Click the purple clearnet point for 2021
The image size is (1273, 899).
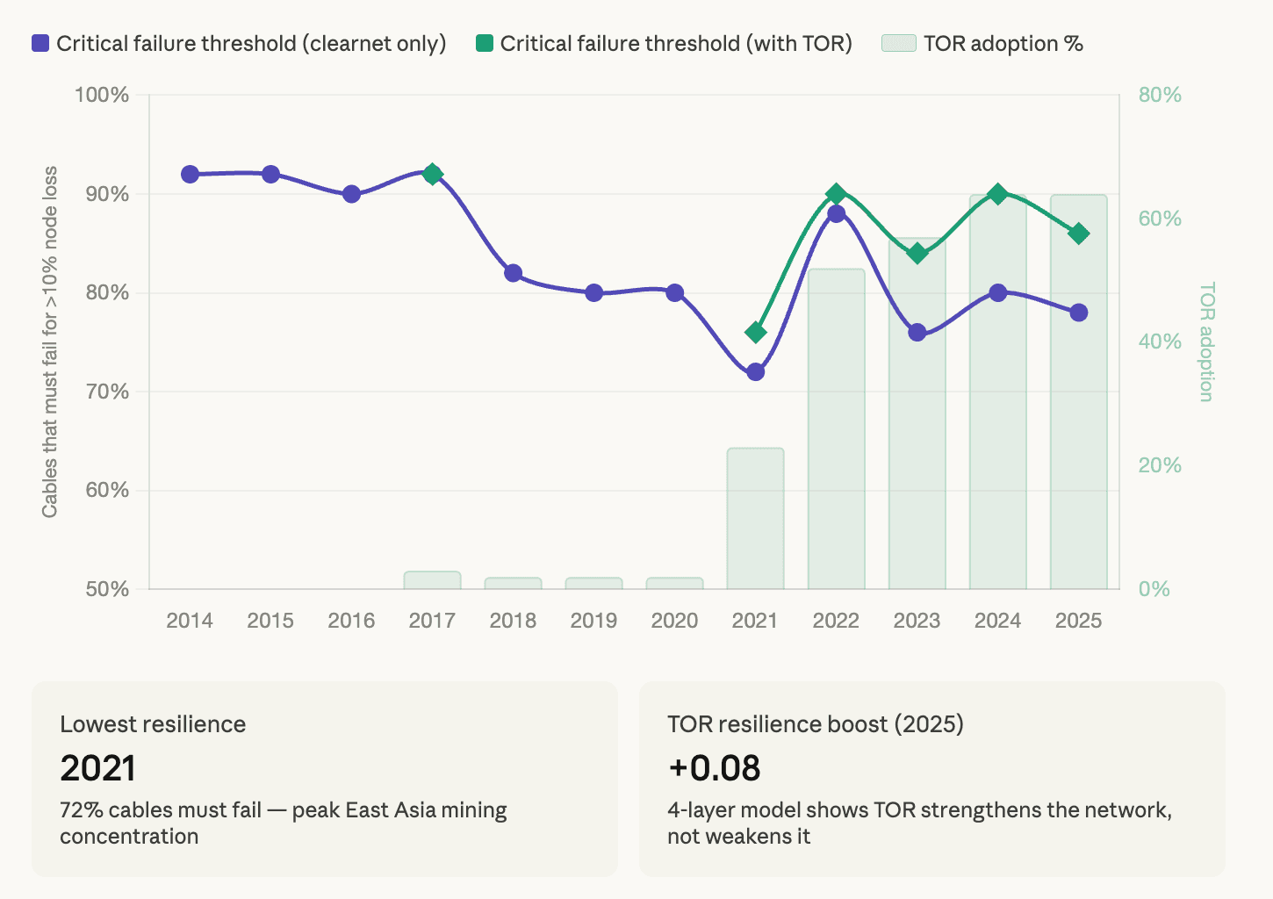755,372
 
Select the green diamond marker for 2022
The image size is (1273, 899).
836,194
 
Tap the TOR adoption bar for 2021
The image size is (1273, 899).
755,518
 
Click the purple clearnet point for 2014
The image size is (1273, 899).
190,175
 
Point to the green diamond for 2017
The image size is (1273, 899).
432,174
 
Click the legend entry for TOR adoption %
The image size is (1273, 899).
982,44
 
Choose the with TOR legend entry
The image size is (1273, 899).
664,44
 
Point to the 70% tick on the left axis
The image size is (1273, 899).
107,392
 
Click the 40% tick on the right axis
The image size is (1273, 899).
1160,342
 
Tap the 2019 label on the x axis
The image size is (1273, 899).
593,621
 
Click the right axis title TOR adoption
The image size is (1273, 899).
1206,342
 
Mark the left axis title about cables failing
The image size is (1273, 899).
49,342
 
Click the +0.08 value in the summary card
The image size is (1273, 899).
714,768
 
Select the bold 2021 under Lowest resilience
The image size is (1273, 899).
97,769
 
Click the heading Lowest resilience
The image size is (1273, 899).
153,724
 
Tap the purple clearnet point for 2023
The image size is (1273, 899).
917,333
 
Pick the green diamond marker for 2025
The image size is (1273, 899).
1078,234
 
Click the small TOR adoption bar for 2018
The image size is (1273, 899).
513,583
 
